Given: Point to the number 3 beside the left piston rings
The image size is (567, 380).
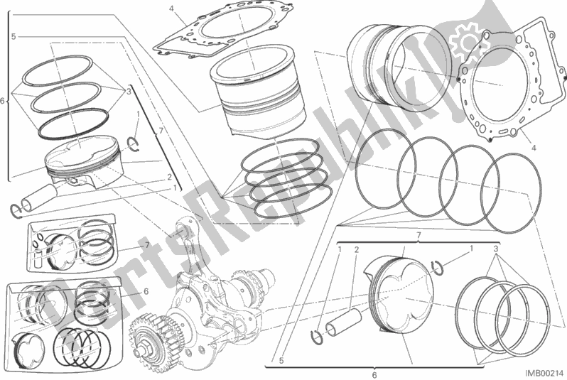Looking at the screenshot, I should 129,92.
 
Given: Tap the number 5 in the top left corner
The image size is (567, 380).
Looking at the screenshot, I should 13,35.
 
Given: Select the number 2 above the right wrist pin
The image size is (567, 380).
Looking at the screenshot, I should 356,250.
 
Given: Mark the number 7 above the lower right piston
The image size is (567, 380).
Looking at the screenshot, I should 418,234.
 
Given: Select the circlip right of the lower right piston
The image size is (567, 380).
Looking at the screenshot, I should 439,268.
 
